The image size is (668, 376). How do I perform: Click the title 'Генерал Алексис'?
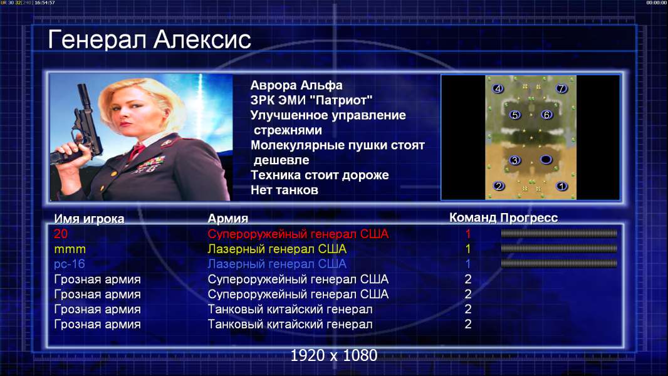(149, 39)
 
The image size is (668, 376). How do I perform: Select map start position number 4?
(498, 88)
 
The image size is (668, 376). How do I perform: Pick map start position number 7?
(561, 88)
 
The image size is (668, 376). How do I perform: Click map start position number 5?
(515, 115)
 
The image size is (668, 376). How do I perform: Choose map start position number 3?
(515, 160)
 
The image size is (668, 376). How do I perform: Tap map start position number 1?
(561, 186)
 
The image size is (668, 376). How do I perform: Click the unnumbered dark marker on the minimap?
(546, 160)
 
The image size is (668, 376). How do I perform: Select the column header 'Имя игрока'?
(89, 219)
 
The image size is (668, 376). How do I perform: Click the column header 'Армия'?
(227, 219)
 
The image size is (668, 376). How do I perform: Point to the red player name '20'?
(61, 234)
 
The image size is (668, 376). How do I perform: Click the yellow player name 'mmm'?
(70, 249)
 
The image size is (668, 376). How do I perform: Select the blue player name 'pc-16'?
(70, 264)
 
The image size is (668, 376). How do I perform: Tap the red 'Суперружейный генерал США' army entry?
(298, 234)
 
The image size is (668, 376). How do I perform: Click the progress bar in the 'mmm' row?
(559, 248)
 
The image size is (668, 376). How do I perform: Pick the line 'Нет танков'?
(284, 190)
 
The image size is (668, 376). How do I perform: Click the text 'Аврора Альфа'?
(296, 85)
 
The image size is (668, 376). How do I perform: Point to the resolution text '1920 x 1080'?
(333, 355)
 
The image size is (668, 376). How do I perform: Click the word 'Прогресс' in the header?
(529, 217)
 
